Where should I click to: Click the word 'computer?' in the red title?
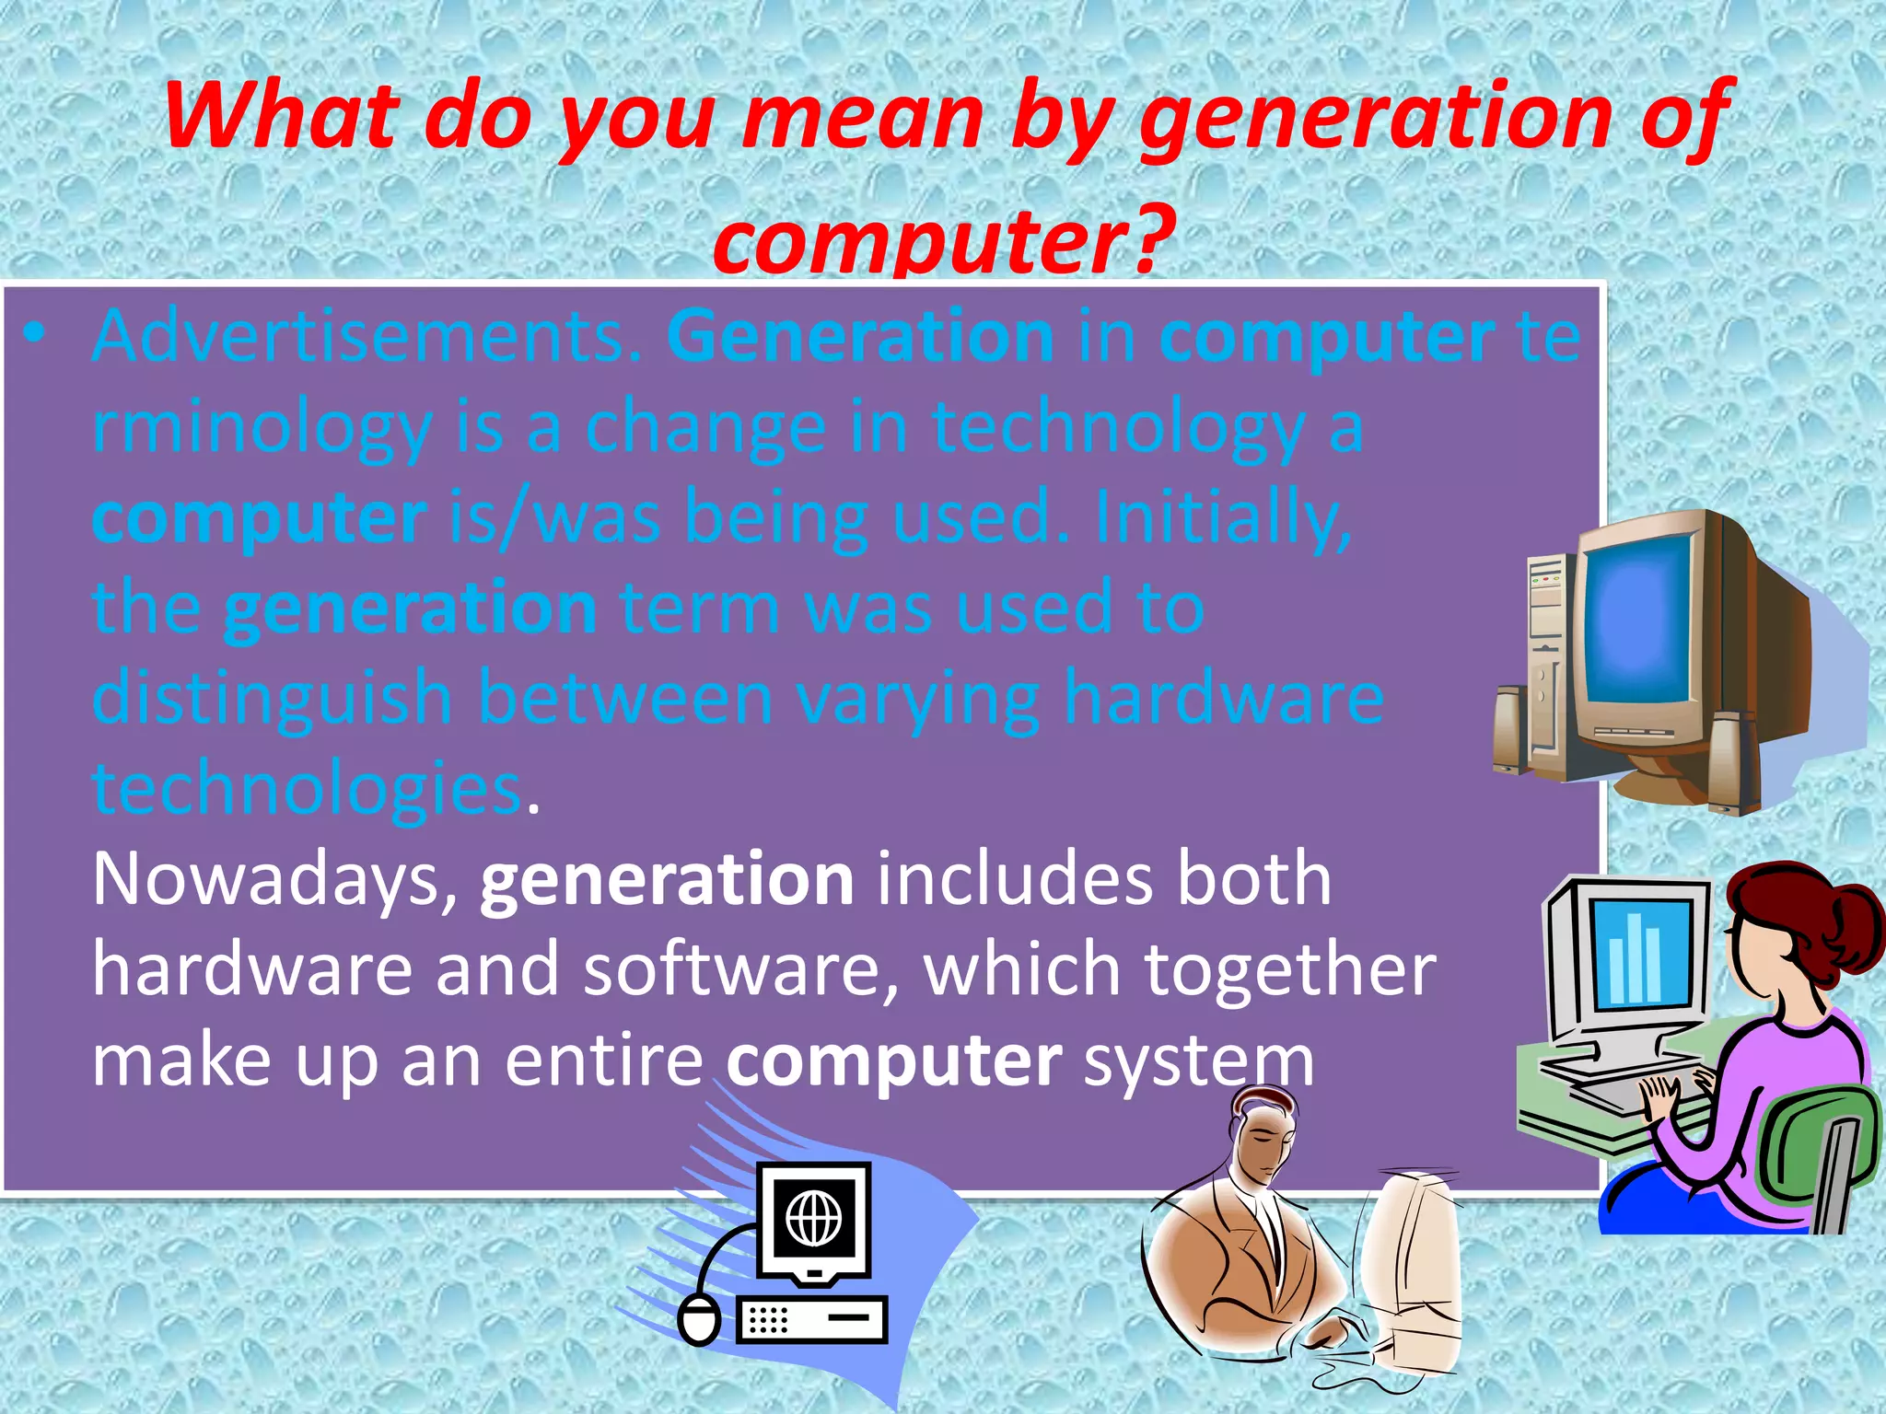[x=943, y=241]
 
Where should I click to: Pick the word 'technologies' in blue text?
[x=308, y=790]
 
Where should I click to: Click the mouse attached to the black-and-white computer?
[x=700, y=1319]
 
